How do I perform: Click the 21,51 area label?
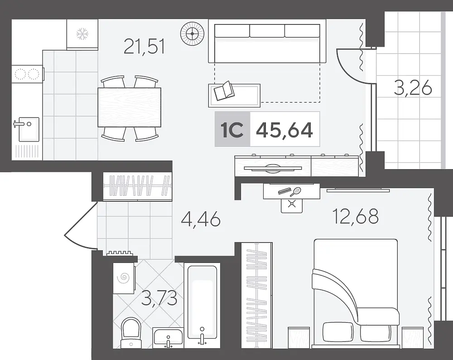click(x=144, y=47)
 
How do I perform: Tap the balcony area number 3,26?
click(x=413, y=88)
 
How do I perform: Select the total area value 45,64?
click(x=284, y=130)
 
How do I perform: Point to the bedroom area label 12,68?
click(x=355, y=216)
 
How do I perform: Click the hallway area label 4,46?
click(x=201, y=219)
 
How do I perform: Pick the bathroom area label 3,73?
click(x=159, y=298)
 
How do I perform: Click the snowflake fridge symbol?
click(x=82, y=34)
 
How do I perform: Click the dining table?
click(x=129, y=107)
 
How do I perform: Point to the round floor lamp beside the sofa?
click(x=192, y=34)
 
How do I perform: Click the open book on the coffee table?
click(x=224, y=91)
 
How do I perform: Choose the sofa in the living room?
click(x=267, y=44)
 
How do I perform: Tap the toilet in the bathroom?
click(x=131, y=332)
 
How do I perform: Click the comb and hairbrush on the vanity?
click(x=289, y=191)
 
